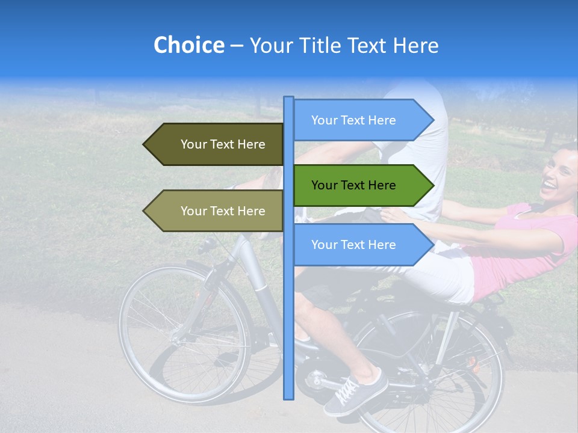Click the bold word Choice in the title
188,46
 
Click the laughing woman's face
559,174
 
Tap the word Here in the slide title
415,46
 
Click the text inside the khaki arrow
223,211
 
